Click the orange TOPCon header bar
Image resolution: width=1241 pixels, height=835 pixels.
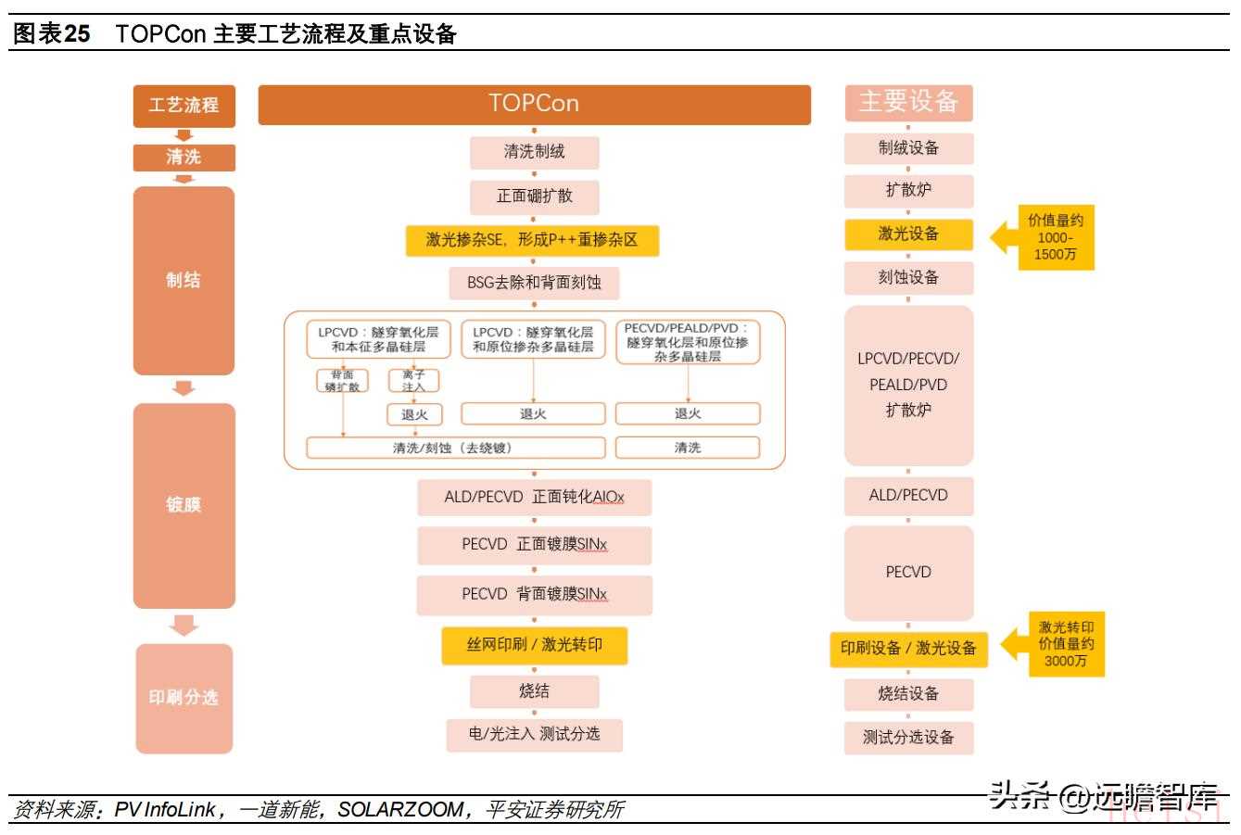coord(534,105)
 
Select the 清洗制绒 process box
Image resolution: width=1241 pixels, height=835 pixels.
coord(534,152)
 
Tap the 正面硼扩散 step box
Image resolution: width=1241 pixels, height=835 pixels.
coord(534,196)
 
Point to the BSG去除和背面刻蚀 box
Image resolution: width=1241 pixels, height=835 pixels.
coord(534,283)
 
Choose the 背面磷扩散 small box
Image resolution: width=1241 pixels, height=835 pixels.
coord(342,380)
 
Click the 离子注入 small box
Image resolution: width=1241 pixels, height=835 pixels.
coord(413,380)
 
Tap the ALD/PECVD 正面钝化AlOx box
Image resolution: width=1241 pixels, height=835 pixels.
coord(534,497)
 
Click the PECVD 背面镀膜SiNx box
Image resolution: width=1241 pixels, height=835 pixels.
coord(534,594)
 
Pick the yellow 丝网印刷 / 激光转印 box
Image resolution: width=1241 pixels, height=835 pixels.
coord(534,644)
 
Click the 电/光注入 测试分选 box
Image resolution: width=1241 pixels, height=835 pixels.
coord(534,734)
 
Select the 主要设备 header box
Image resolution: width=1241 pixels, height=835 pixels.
coord(908,102)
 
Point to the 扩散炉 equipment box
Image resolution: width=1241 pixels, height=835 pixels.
coord(908,190)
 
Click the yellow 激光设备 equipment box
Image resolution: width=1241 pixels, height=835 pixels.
coord(908,234)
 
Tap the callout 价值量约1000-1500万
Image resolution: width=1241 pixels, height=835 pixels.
coord(1056,237)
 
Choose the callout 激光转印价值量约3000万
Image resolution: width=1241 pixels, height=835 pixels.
coord(1066,644)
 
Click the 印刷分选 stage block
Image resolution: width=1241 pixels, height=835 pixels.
coord(184,698)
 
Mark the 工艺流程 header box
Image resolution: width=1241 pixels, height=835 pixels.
coord(184,105)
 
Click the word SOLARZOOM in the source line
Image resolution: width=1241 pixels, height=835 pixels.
coord(399,810)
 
